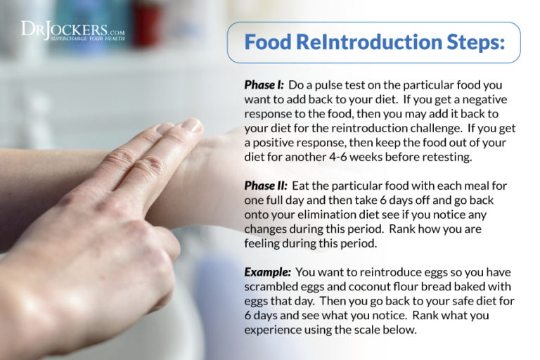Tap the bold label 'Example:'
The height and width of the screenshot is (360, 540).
[266, 271]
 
